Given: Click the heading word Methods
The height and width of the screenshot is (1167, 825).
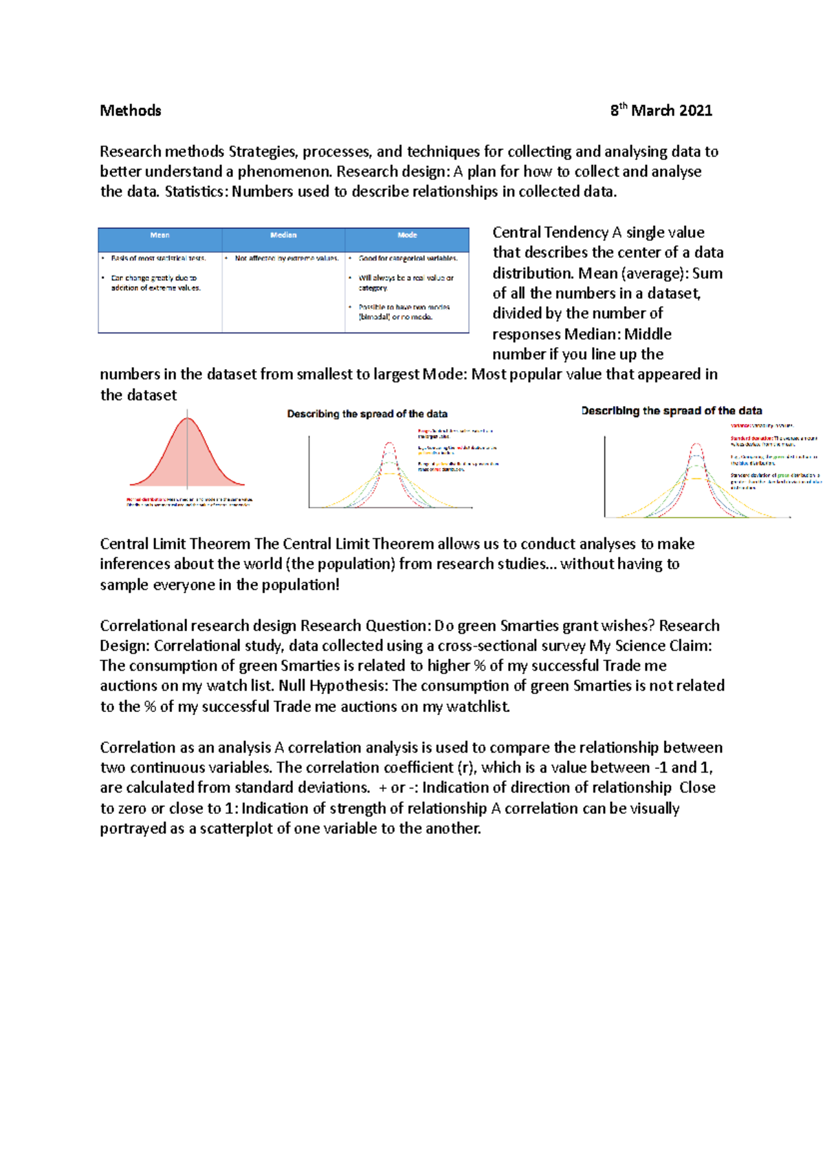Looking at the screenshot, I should tap(130, 111).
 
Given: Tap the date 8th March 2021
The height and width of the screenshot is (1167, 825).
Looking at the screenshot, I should tap(661, 111).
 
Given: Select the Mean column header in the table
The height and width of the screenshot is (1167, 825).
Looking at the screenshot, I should tap(159, 236).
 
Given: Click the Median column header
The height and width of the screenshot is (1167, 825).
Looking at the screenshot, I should tap(283, 236).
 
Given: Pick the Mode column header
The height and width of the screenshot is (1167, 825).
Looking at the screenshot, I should tap(407, 236).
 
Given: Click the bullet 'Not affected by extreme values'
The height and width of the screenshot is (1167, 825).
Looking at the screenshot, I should tap(286, 258).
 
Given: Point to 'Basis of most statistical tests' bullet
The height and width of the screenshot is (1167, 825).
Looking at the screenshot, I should tap(158, 258).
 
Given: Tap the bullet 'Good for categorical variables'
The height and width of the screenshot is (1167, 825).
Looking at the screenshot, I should tap(408, 258).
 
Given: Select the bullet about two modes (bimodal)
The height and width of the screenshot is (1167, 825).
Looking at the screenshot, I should tap(404, 312).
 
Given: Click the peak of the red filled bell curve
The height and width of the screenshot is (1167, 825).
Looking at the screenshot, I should tap(187, 419).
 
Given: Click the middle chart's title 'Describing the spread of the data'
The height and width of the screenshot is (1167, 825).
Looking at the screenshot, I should tap(367, 414).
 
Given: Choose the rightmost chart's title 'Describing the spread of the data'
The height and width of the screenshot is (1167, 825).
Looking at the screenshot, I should tap(671, 411).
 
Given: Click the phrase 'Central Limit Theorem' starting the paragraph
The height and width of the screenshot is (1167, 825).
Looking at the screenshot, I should tap(175, 544).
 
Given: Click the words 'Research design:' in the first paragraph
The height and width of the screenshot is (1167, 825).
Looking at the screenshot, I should tap(393, 171).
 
